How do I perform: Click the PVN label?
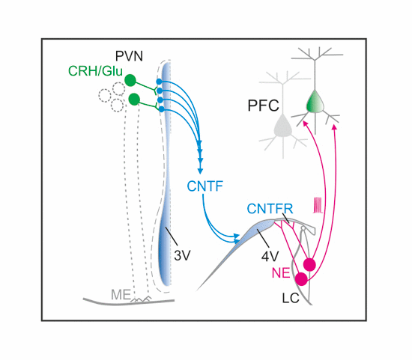(x=129, y=56)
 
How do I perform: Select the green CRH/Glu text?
(x=95, y=71)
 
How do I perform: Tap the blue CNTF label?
(x=205, y=186)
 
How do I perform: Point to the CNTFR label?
(x=270, y=209)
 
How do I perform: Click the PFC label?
(x=263, y=106)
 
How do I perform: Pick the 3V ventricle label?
(x=182, y=255)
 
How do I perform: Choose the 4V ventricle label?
(x=270, y=256)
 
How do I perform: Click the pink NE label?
(x=281, y=273)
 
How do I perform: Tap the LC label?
(x=291, y=299)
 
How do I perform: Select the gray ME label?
(x=121, y=295)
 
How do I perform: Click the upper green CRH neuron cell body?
(x=130, y=80)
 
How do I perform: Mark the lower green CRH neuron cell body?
(x=135, y=100)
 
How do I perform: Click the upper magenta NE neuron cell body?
(x=309, y=264)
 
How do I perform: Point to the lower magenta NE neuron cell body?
(x=301, y=279)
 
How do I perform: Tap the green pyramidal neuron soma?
(x=315, y=102)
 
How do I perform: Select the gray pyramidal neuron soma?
(x=283, y=126)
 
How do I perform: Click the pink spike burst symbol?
(x=318, y=205)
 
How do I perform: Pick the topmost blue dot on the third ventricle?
(x=159, y=82)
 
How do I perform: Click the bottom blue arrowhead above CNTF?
(x=201, y=171)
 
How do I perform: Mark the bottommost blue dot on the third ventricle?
(x=162, y=109)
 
